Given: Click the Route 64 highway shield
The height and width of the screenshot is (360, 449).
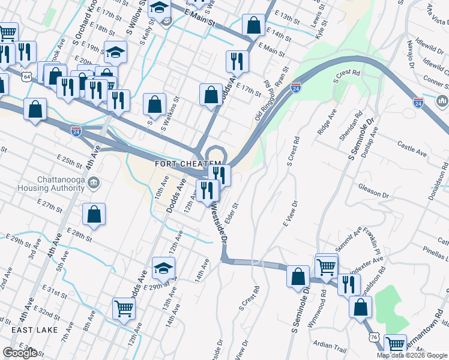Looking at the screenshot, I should click(26, 77).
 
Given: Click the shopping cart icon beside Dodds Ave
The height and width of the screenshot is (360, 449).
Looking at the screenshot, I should click(124, 308).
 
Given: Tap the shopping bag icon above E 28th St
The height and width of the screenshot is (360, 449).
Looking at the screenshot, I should click(94, 214).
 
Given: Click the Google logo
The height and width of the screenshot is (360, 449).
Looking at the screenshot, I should click(20, 353).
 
